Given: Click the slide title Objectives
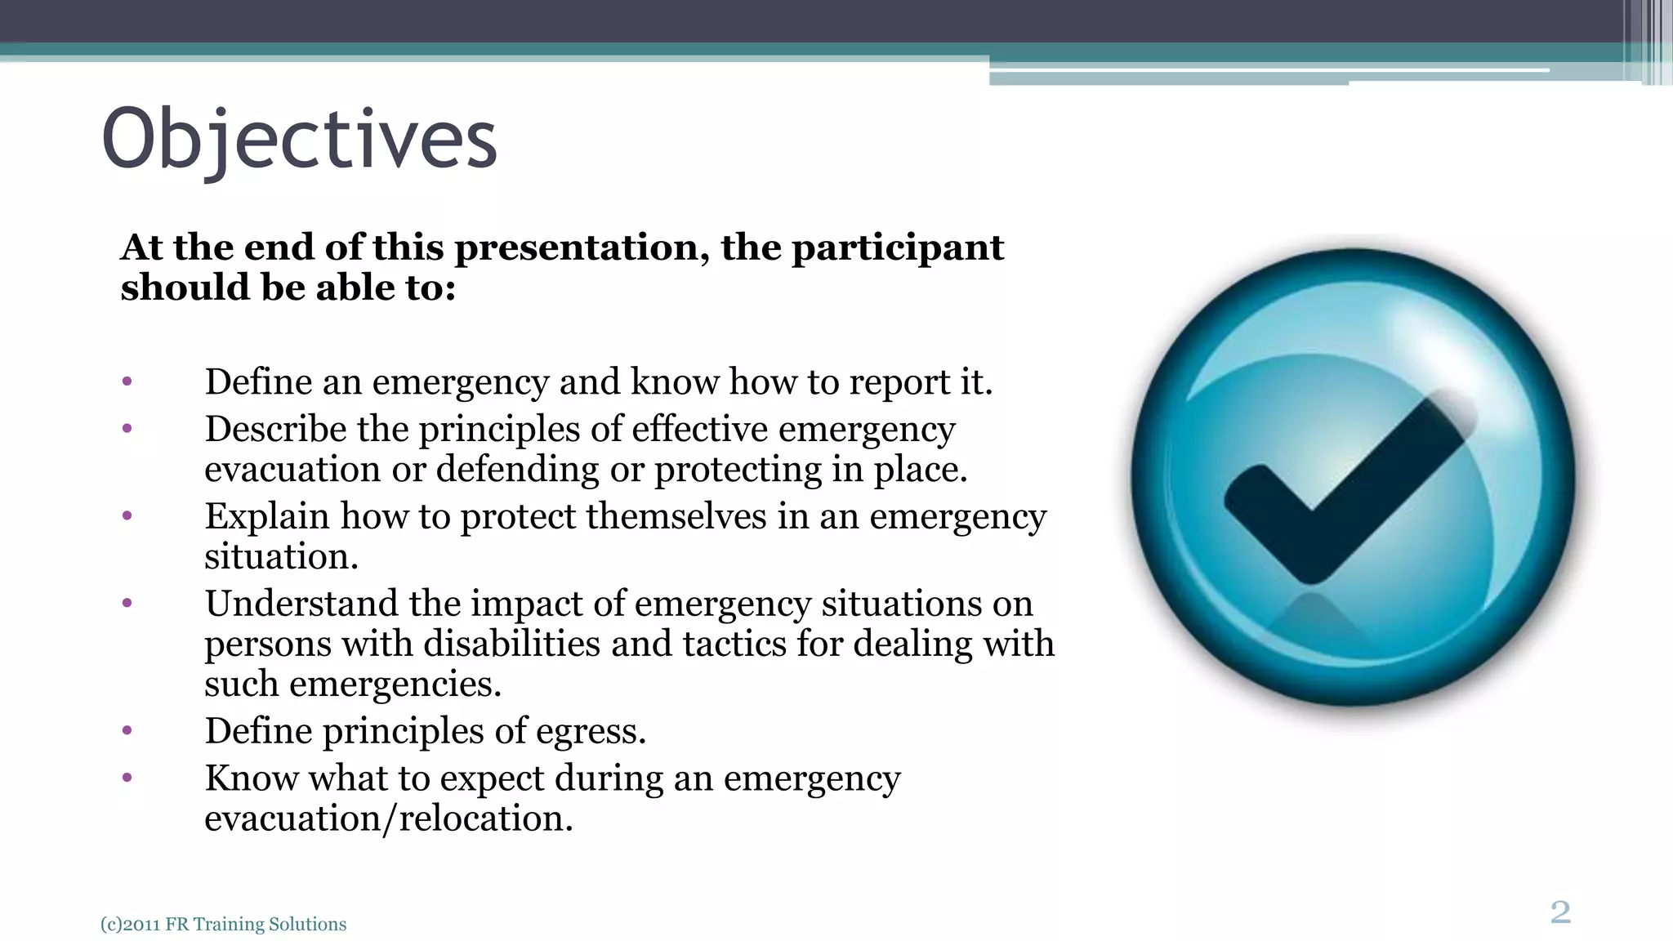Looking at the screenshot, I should (x=299, y=139).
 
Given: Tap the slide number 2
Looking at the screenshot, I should (x=1559, y=912).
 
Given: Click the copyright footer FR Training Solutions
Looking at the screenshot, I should (x=223, y=924).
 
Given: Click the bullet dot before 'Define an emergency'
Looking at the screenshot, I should (x=127, y=381).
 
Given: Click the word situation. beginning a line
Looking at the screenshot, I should (x=281, y=557).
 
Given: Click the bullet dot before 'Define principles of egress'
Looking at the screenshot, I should (x=127, y=731).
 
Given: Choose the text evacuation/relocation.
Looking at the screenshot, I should (x=388, y=818).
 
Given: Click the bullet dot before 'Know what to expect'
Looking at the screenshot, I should (x=127, y=778).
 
